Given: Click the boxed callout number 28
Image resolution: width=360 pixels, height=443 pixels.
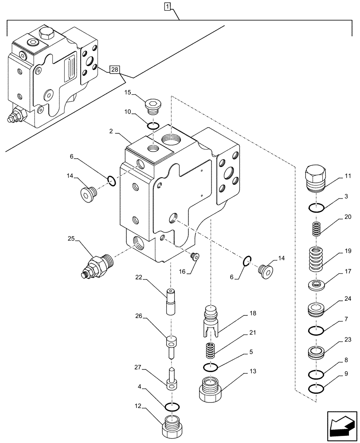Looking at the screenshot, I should [115, 70].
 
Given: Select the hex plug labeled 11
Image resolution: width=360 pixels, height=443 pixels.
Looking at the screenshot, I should [316, 178].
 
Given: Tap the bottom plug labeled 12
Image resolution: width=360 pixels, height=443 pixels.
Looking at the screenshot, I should [172, 427].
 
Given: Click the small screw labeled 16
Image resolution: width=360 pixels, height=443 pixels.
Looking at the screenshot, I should [194, 255].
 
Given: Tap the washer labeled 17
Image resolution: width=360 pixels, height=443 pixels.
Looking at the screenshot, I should [316, 284].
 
